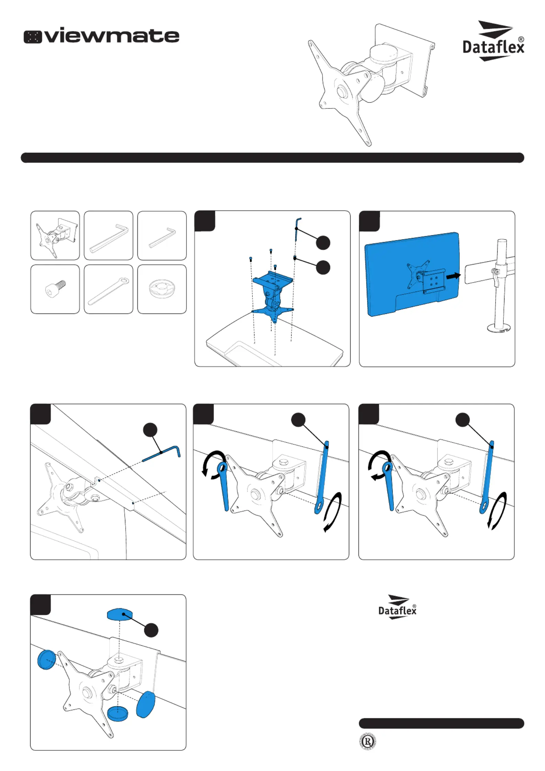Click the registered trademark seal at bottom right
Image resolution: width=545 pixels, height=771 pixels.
click(368, 742)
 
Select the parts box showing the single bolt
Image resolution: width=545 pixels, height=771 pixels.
click(55, 289)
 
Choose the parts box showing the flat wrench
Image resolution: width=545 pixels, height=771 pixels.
click(108, 289)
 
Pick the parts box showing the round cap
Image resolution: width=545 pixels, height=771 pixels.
click(162, 289)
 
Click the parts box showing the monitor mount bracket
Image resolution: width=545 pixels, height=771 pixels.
click(55, 236)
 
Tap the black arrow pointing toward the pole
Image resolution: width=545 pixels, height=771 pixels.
click(453, 276)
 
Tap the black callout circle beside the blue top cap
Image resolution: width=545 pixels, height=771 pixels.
click(151, 630)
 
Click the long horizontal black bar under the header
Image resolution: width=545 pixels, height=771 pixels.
click(272, 158)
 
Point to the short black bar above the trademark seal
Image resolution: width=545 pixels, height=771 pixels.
click(441, 723)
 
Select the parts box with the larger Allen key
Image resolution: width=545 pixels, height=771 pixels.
click(108, 236)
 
